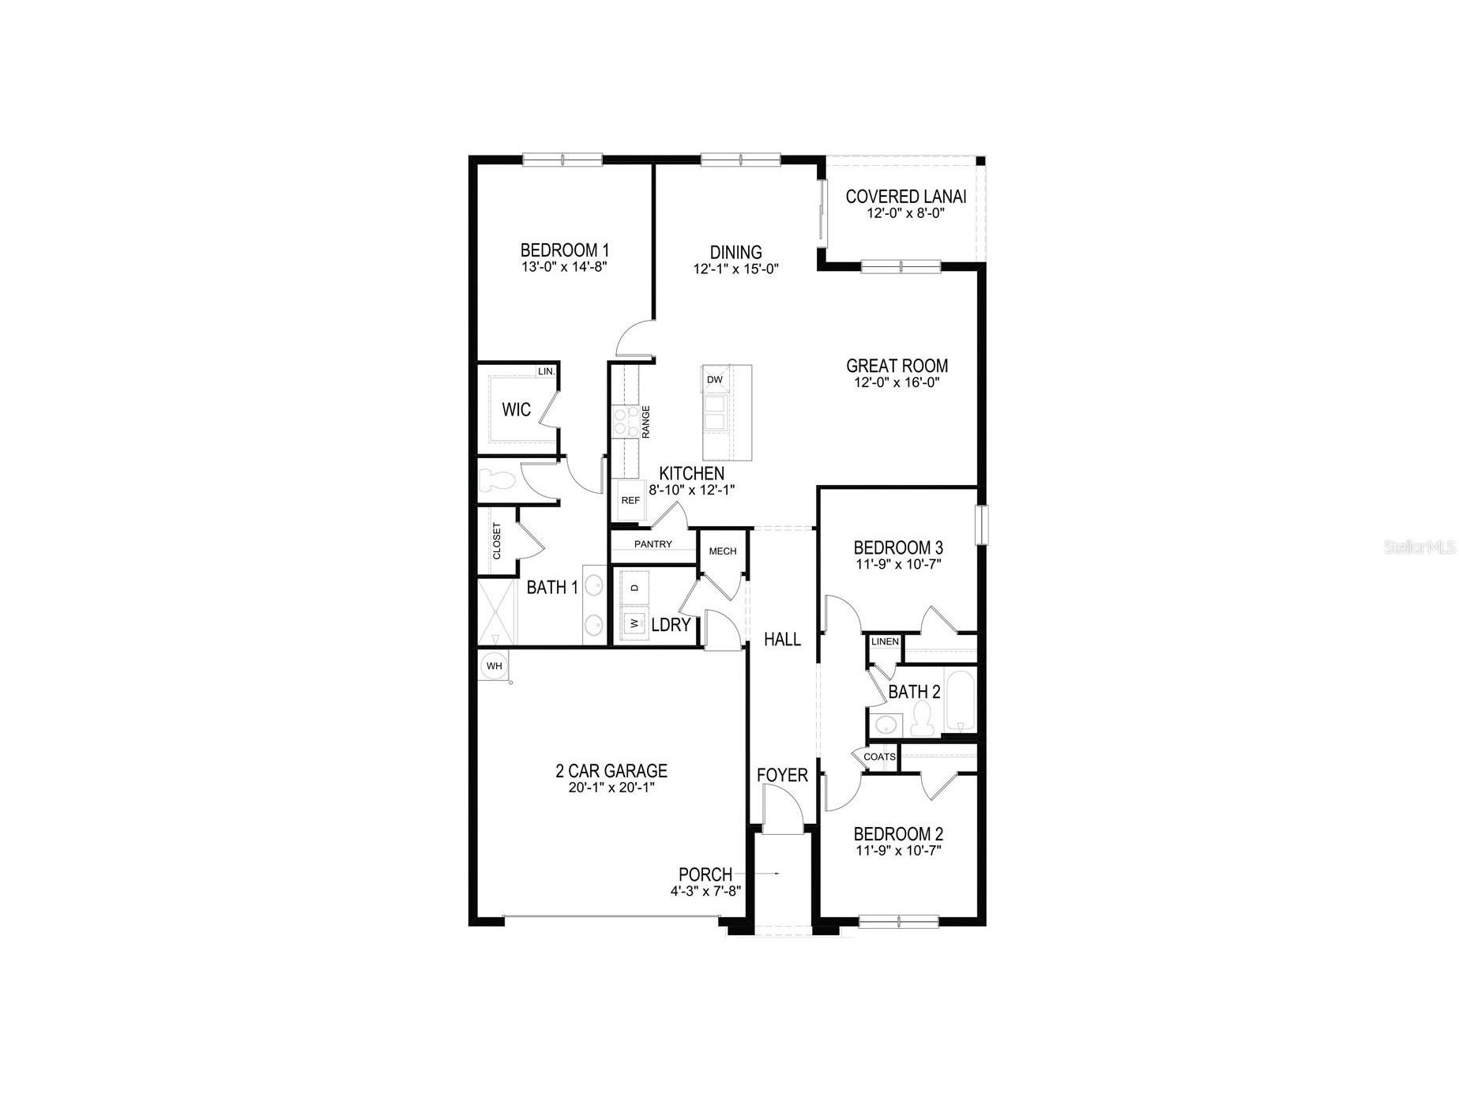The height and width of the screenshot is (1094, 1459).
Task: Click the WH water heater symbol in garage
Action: click(494, 666)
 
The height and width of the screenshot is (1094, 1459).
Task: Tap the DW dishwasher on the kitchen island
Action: click(715, 380)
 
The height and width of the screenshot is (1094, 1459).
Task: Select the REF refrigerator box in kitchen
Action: click(630, 501)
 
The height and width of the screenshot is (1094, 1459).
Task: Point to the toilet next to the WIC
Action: click(496, 480)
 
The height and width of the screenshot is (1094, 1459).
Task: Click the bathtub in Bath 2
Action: click(961, 702)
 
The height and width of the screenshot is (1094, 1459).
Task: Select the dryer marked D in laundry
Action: click(634, 588)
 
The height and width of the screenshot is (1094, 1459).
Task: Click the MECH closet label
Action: click(722, 551)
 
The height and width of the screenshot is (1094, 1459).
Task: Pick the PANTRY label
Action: click(653, 544)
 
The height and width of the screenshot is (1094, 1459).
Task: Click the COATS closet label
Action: click(879, 757)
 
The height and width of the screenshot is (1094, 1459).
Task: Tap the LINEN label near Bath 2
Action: click(885, 641)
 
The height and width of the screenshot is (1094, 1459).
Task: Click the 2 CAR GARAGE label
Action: click(611, 770)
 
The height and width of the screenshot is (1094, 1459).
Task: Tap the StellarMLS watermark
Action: click(1419, 547)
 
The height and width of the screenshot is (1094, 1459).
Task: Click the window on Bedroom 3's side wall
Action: click(982, 525)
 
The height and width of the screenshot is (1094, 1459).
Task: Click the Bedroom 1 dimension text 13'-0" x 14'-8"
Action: click(563, 267)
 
